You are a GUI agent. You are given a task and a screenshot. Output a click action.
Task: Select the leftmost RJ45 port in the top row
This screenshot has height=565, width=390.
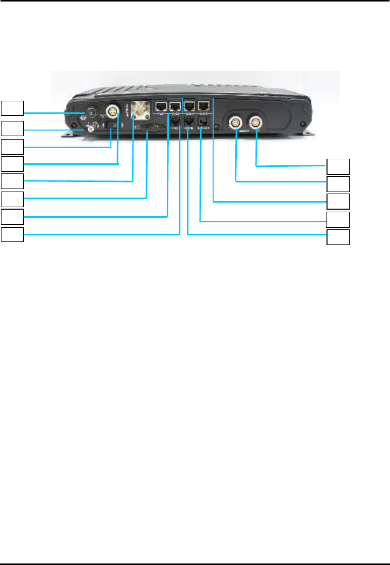[x=161, y=106]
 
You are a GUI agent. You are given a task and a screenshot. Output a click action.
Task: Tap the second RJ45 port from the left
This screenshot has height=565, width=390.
[x=175, y=106]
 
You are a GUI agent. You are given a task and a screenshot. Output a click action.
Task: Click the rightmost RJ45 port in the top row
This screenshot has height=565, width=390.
[x=205, y=106]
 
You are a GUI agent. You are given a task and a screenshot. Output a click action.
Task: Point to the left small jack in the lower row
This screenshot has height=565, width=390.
[x=176, y=121]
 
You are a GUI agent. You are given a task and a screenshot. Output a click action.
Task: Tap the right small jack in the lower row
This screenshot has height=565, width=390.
[x=204, y=121]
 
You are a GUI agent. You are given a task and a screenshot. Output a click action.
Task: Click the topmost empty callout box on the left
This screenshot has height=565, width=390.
[x=12, y=107]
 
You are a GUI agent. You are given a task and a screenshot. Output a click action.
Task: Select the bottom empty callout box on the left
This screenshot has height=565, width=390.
[x=12, y=235]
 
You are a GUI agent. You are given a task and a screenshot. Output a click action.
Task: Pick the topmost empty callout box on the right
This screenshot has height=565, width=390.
[x=338, y=166]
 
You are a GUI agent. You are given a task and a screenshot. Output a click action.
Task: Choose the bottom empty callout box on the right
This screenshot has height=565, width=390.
[x=338, y=237]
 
